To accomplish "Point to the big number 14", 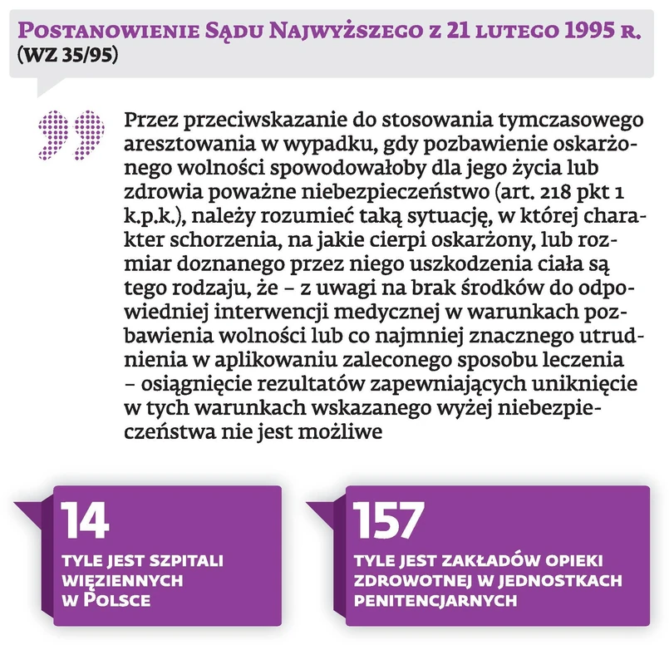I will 84,522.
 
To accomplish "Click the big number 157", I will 389,522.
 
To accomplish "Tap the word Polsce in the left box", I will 122,598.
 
